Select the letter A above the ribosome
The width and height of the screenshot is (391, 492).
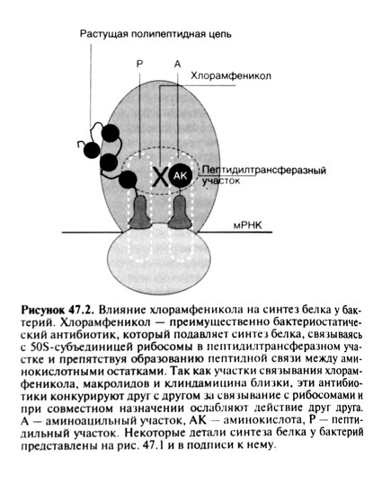177,65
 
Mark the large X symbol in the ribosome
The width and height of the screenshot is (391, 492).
158,177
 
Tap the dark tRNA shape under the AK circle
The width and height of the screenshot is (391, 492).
182,212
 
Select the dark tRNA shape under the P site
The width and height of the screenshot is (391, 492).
142,212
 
